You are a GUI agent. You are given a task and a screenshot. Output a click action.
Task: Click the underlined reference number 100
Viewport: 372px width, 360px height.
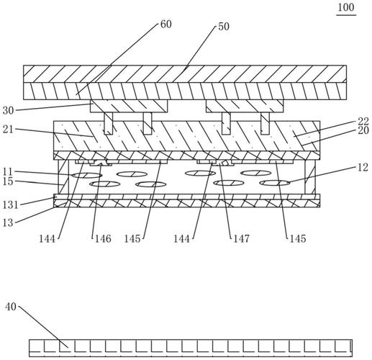click(x=346, y=8)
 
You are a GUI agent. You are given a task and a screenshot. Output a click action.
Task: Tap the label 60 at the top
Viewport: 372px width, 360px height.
click(x=165, y=24)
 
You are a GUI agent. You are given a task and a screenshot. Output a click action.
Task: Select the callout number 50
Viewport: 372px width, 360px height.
click(x=224, y=27)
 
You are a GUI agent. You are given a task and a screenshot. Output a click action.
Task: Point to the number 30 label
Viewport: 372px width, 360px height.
click(x=9, y=111)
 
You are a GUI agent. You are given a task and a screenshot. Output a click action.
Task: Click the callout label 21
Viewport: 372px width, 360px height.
click(x=9, y=130)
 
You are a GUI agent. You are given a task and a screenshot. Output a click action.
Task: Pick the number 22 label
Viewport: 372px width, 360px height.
click(x=363, y=122)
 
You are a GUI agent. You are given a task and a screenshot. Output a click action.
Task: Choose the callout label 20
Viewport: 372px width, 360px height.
click(x=363, y=131)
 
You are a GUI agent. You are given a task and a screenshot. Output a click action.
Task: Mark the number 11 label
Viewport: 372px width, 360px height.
click(x=8, y=172)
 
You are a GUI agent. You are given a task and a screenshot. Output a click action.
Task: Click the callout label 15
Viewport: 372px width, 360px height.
click(x=8, y=181)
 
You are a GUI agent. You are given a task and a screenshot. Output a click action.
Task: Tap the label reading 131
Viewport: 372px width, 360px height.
click(x=10, y=205)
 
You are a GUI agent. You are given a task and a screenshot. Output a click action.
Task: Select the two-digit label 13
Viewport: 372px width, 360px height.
click(x=8, y=222)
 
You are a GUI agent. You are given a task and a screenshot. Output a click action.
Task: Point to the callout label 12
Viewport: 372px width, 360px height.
click(x=363, y=168)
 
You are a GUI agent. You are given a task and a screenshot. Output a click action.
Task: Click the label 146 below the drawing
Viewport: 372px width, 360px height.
click(x=103, y=239)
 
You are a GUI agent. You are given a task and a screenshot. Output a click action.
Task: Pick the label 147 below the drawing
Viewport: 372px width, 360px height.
click(x=242, y=239)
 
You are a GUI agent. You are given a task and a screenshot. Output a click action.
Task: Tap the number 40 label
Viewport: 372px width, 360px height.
click(x=11, y=307)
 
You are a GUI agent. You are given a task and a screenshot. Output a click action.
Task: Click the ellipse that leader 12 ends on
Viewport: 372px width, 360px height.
click(x=275, y=183)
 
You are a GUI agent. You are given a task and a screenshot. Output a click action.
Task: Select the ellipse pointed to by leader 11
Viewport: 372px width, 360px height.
click(x=87, y=175)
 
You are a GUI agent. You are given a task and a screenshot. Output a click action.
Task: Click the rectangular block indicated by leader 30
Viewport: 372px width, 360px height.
click(x=129, y=106)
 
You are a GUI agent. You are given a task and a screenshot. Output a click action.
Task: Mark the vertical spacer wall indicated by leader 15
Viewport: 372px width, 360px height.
click(x=63, y=177)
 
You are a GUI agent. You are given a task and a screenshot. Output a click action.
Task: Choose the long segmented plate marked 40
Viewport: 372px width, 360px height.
click(x=191, y=348)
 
